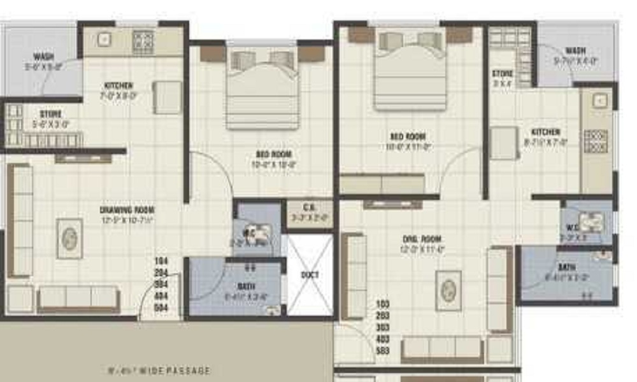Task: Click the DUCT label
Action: pos(310,275)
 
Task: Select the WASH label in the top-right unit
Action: pos(575,51)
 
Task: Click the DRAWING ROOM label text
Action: pos(127,209)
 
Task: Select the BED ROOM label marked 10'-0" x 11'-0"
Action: pos(408,137)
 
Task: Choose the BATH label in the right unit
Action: pos(566,268)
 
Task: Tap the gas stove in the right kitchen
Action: pos(596,141)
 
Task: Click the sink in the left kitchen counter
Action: pos(103,39)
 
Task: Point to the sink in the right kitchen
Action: pos(599,100)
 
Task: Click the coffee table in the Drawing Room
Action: pos(69,238)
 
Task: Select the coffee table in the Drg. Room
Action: pos(448,290)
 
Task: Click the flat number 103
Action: pos(383,304)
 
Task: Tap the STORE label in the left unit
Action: pos(51,115)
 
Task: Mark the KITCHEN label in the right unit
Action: pos(546,132)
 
